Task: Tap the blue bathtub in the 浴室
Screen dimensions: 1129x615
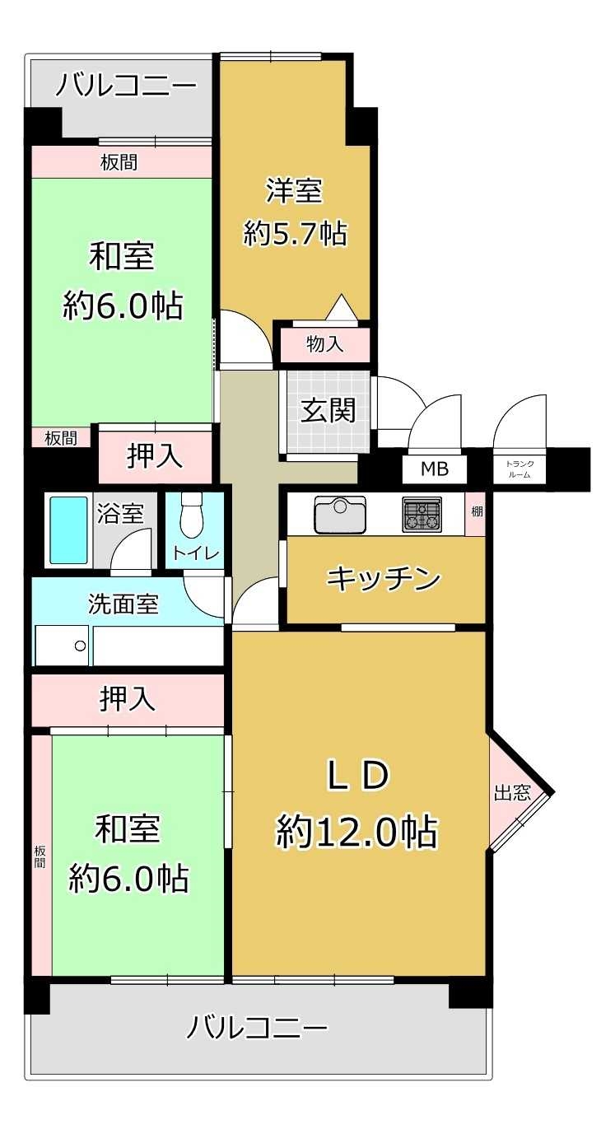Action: [68, 530]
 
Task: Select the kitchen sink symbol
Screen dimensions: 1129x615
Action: [339, 516]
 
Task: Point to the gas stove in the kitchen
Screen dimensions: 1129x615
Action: [422, 515]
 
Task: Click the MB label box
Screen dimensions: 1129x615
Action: [434, 470]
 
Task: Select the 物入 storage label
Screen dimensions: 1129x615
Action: [324, 344]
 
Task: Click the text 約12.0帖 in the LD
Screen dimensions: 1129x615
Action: [356, 831]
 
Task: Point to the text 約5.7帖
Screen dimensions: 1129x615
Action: [294, 234]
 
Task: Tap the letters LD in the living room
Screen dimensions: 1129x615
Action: [356, 776]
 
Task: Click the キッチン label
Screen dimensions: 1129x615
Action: [384, 579]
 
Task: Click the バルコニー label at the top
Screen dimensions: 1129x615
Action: [126, 86]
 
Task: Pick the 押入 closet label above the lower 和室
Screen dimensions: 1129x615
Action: [127, 699]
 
